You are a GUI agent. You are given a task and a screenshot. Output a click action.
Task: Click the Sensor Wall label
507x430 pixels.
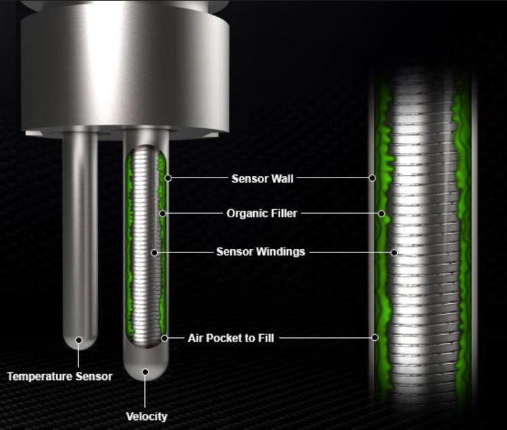[262, 178]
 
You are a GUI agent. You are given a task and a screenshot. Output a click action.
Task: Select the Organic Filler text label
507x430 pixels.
[261, 213]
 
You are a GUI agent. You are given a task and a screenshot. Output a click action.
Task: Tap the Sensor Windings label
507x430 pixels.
[261, 252]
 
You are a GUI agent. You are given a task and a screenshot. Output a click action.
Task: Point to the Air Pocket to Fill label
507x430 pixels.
[231, 338]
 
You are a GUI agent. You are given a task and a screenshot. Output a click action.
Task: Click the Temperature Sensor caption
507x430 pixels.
[59, 376]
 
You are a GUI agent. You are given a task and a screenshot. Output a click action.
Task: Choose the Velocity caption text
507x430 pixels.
[146, 416]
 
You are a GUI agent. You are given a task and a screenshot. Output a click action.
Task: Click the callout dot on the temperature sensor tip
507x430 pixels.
[78, 340]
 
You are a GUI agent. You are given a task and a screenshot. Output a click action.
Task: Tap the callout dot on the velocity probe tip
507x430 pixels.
[145, 372]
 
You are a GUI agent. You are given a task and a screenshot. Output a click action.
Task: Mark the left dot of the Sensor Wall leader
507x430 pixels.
[168, 178]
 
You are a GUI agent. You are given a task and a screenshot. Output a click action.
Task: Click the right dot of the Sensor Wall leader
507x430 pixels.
[372, 178]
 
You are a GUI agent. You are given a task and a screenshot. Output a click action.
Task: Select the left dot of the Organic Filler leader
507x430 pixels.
[163, 213]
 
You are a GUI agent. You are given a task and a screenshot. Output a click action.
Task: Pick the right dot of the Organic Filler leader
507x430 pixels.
[381, 213]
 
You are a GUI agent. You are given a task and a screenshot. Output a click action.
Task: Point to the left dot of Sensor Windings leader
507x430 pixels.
[155, 252]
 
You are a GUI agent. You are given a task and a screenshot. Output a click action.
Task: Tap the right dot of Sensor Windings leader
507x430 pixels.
[394, 252]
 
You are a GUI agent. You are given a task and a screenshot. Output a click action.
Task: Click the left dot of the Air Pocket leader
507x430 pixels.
[164, 338]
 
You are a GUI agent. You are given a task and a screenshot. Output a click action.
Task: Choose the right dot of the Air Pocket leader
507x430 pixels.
[375, 338]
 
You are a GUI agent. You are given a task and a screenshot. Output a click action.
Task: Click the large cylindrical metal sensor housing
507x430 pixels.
[126, 68]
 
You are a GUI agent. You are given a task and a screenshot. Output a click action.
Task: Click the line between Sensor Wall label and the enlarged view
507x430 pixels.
[333, 178]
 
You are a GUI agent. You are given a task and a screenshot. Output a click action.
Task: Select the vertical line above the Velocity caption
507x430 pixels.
[145, 392]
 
